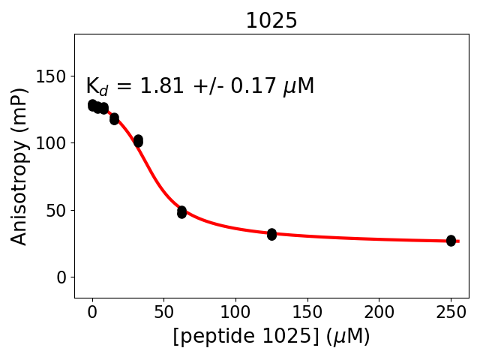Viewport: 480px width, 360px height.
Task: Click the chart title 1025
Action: point(271,21)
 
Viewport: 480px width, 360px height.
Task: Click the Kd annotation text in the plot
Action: point(199,87)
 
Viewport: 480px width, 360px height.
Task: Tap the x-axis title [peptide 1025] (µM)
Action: point(271,337)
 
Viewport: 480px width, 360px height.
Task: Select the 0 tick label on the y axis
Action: point(64,277)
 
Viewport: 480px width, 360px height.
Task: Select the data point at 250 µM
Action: point(451,241)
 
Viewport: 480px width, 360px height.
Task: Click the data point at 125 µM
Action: point(271,235)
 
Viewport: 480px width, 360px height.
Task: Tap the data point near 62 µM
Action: point(181,212)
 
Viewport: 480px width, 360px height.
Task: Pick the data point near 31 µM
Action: point(138,141)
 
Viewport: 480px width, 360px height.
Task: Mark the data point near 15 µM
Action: point(114,118)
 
